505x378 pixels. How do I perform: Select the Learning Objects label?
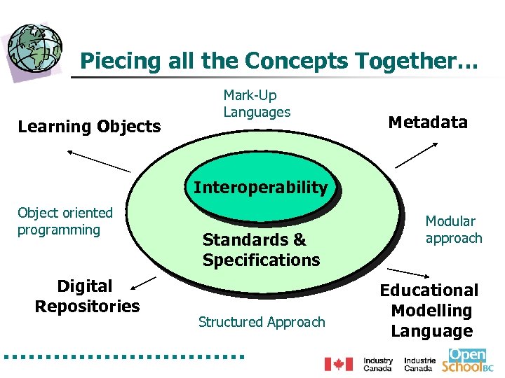[89, 127]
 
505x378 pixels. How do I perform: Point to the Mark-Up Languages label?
[257, 104]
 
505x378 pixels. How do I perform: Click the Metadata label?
[427, 122]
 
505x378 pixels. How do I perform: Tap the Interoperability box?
[260, 188]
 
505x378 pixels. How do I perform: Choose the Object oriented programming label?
[65, 221]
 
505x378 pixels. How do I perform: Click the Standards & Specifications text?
[261, 250]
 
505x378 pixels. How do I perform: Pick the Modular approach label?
[454, 230]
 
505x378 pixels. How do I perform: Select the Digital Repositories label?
[87, 296]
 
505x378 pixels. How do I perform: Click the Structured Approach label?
[262, 322]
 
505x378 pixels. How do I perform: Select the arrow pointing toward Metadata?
[417, 155]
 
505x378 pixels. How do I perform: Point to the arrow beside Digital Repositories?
[144, 281]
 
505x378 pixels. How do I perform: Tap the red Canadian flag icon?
[338, 364]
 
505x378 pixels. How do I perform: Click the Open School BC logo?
[468, 360]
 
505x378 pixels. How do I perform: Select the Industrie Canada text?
[419, 364]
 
